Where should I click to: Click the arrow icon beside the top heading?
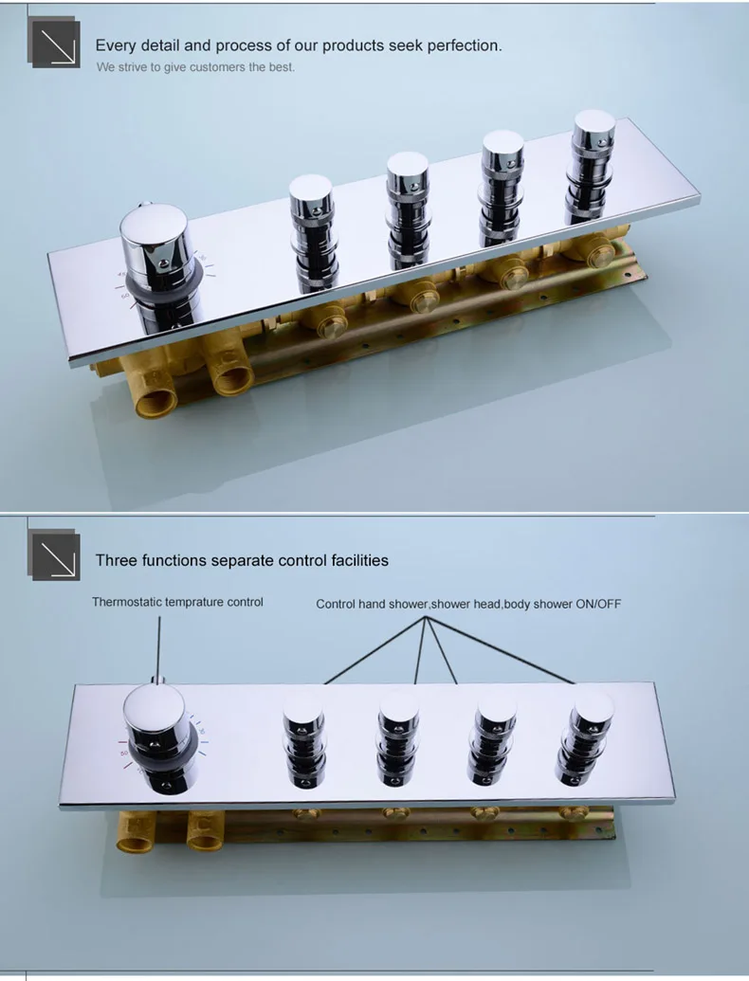54,42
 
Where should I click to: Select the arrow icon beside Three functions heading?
54,555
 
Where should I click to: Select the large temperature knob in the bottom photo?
160,738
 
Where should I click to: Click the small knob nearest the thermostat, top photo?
314,233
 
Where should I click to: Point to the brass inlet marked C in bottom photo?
205,832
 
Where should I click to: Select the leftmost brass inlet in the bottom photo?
136,833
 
